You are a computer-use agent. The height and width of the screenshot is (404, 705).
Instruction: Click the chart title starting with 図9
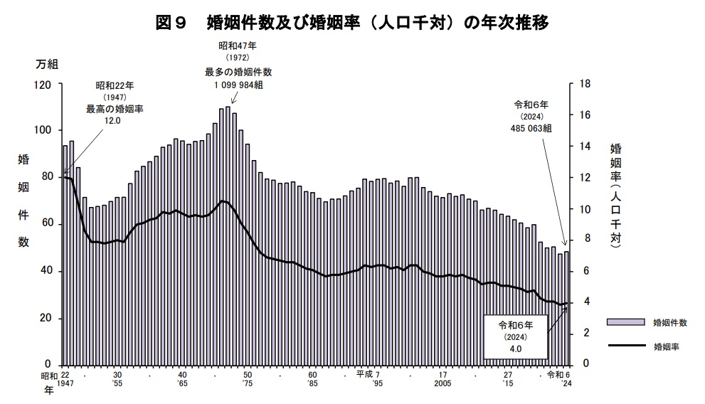click(x=351, y=22)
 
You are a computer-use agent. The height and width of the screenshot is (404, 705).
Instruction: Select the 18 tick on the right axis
click(x=585, y=85)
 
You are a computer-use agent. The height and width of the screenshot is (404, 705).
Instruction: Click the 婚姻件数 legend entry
click(x=669, y=322)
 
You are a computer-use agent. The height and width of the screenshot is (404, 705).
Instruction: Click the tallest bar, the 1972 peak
click(x=228, y=235)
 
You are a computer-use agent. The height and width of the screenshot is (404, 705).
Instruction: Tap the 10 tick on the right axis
click(x=585, y=209)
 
